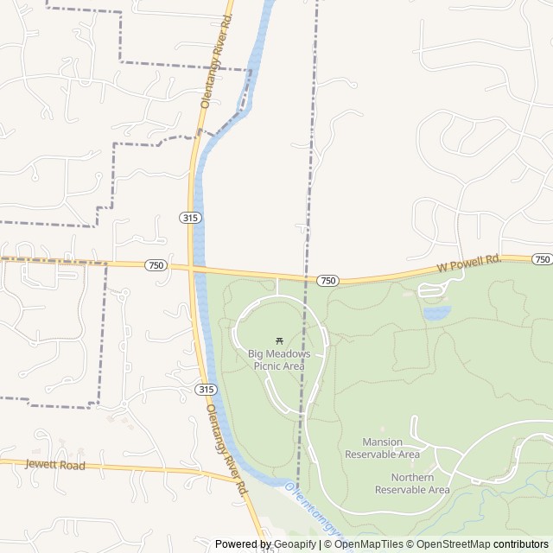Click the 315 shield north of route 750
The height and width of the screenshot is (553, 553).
(x=191, y=218)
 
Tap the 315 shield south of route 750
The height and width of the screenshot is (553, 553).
(x=206, y=390)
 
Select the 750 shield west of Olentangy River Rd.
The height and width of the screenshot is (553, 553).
(x=155, y=264)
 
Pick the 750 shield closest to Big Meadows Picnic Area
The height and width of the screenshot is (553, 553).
(x=327, y=281)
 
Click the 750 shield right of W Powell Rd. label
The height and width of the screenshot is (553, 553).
(x=542, y=259)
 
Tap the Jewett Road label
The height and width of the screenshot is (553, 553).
(x=55, y=465)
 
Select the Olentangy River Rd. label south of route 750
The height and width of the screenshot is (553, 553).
(x=226, y=451)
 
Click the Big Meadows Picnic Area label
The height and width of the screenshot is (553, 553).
(x=278, y=359)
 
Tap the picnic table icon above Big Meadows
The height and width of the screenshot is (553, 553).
(x=278, y=340)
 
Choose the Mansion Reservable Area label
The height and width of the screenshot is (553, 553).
(x=382, y=448)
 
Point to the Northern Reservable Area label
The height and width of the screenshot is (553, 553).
(x=412, y=483)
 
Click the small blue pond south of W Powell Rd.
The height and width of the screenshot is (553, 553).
(x=436, y=312)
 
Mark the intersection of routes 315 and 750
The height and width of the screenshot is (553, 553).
(x=192, y=266)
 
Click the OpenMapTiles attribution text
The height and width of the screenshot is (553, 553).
(x=368, y=544)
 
